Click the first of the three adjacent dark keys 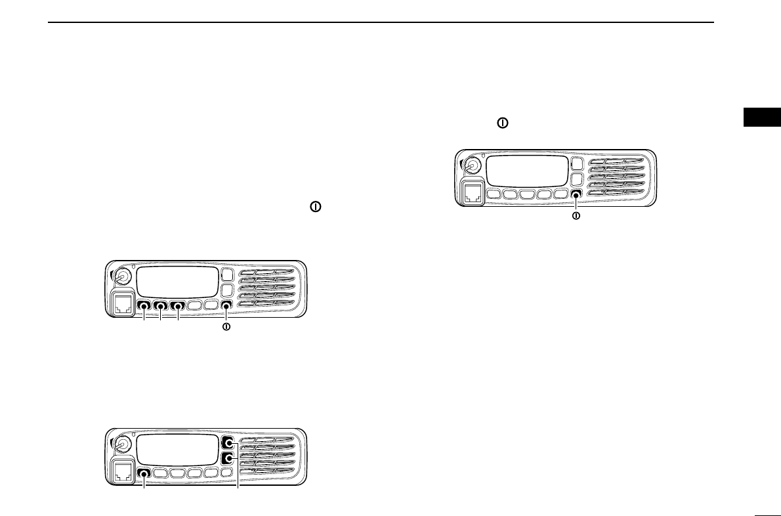pos(144,305)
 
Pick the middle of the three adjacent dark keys pos(161,305)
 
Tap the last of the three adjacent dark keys pos(177,305)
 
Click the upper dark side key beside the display pos(228,443)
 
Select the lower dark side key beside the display pos(228,458)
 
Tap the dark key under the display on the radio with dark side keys pos(144,473)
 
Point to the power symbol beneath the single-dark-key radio pos(576,215)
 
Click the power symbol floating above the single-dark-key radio pos(502,123)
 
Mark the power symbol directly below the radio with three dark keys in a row pos(227,326)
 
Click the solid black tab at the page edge pos(762,117)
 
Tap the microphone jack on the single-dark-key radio pos(471,192)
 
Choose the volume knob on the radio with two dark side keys pos(121,444)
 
